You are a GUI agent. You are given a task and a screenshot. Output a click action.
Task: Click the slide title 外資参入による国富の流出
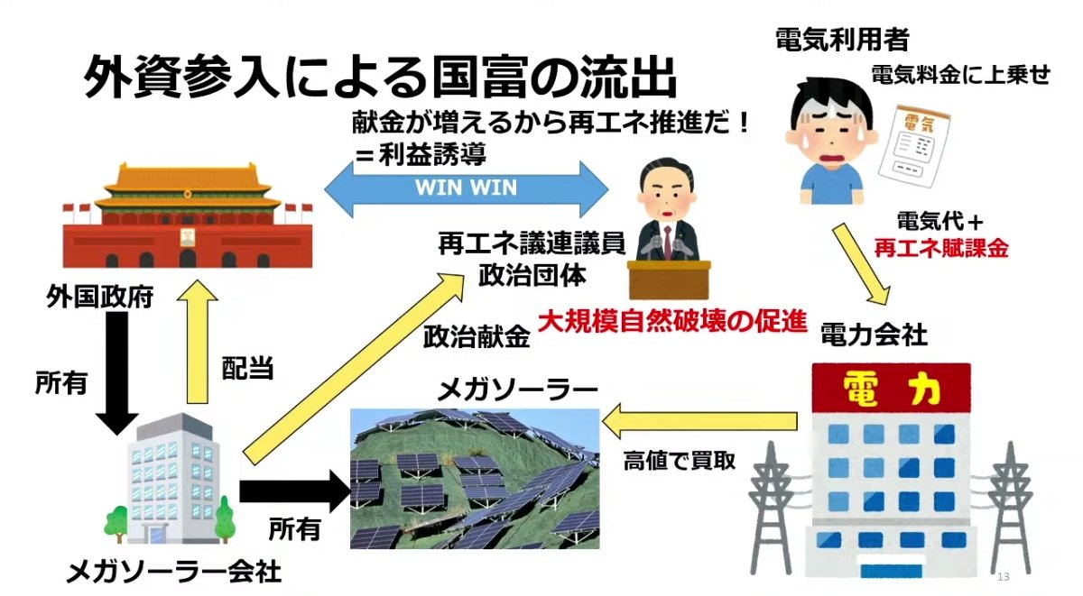coord(379,78)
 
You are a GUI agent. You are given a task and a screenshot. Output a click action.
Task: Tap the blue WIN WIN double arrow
coord(466,188)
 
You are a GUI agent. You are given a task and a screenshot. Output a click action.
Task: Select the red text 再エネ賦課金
coord(940,248)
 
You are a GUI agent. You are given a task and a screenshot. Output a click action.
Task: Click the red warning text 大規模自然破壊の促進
coord(671,322)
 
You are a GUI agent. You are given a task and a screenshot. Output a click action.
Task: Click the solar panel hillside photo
coord(475,479)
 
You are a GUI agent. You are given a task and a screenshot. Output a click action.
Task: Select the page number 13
coord(1003,577)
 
